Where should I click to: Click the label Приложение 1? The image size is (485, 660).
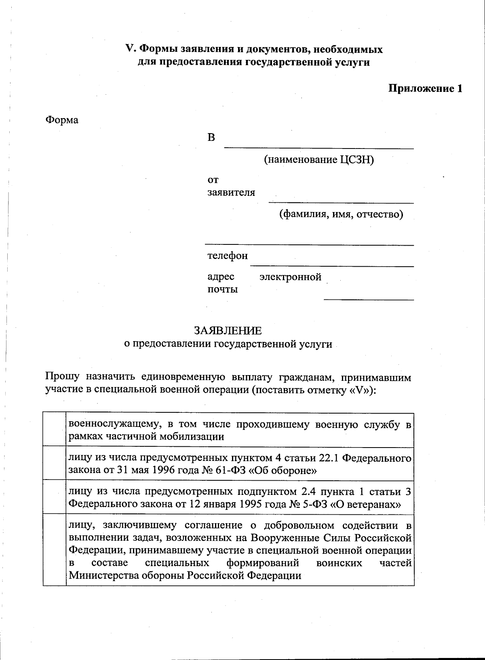point(425,89)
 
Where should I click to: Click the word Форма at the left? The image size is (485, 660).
point(62,120)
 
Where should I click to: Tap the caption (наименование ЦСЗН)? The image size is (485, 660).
point(319,160)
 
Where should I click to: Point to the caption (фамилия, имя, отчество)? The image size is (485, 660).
point(342,214)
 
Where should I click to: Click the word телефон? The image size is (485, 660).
point(228,256)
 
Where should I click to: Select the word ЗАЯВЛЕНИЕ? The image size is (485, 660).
point(228,331)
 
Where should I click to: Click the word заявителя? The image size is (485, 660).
point(231,193)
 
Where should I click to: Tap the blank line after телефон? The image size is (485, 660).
point(331,265)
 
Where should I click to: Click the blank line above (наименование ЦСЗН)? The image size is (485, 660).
point(319,148)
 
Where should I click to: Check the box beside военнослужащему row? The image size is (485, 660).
point(55,430)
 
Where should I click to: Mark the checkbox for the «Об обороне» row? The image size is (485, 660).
point(55,464)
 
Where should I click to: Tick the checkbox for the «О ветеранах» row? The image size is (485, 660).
point(55,497)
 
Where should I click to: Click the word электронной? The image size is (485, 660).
point(290,277)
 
